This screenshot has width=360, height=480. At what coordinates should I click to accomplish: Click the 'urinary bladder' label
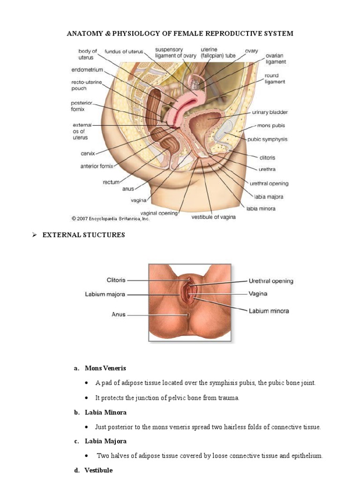click(x=270, y=112)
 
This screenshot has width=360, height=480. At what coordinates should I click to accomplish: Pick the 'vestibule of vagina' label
click(x=213, y=217)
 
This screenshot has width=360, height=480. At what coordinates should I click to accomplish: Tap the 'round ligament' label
click(x=271, y=78)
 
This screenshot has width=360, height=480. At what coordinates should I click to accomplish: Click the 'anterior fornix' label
click(x=99, y=165)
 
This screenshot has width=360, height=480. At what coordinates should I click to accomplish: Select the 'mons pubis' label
click(x=271, y=126)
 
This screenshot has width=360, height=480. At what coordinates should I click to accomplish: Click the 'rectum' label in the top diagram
click(x=112, y=182)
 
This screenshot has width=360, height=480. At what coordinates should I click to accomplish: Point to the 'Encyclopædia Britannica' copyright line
click(x=111, y=218)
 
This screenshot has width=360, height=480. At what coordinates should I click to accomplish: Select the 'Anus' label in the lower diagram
click(x=119, y=315)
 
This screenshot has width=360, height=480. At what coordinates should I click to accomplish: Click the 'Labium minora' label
click(x=269, y=311)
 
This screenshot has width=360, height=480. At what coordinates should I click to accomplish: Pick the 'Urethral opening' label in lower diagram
click(x=270, y=281)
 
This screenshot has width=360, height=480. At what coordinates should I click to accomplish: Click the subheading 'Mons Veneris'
click(x=101, y=368)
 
